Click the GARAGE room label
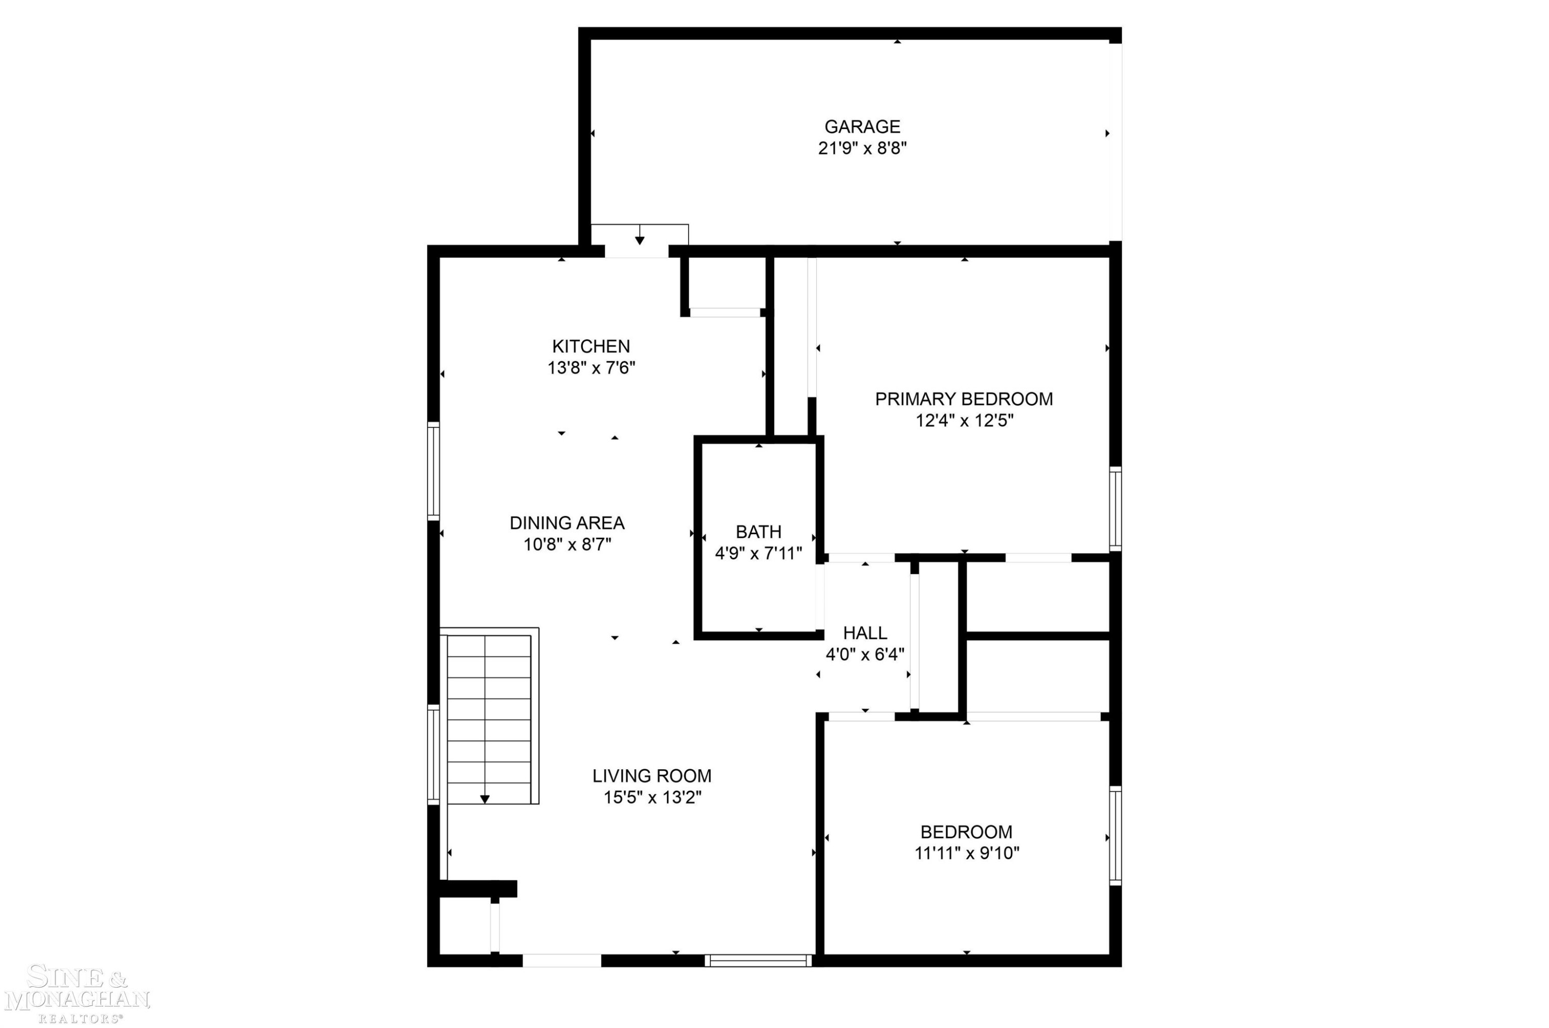[x=862, y=127]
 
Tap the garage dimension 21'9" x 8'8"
[x=862, y=148]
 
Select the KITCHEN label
[x=591, y=346]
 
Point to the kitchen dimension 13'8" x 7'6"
[x=591, y=368]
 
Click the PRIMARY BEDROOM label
[x=964, y=399]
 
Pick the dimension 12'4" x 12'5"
[x=964, y=420]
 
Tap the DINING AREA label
[x=567, y=523]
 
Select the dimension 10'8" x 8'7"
[x=567, y=544]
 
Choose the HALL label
[x=865, y=633]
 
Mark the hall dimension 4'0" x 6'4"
[x=865, y=655]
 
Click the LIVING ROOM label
[x=652, y=776]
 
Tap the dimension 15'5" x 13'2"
[x=652, y=797]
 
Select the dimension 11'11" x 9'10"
[x=967, y=853]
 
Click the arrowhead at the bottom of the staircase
[x=484, y=799]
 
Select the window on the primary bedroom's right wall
[x=1115, y=509]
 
